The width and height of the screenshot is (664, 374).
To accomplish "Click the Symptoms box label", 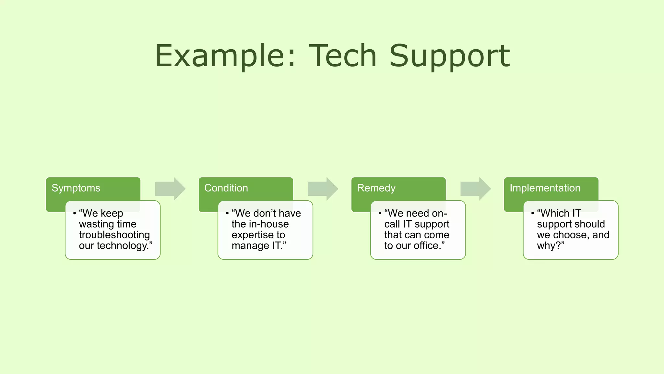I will [x=76, y=188].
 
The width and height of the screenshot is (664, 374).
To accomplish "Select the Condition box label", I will [x=226, y=188].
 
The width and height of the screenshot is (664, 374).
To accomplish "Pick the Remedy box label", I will [x=376, y=188].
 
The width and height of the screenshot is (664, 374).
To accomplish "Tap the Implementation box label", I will [x=545, y=188].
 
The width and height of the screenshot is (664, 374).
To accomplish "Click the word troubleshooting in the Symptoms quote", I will [x=114, y=235].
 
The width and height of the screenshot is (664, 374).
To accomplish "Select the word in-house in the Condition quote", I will [x=269, y=224].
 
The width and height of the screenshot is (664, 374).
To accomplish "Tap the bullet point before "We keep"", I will [x=75, y=213].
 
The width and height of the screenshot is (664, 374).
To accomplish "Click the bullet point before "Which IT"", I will [x=532, y=213].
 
